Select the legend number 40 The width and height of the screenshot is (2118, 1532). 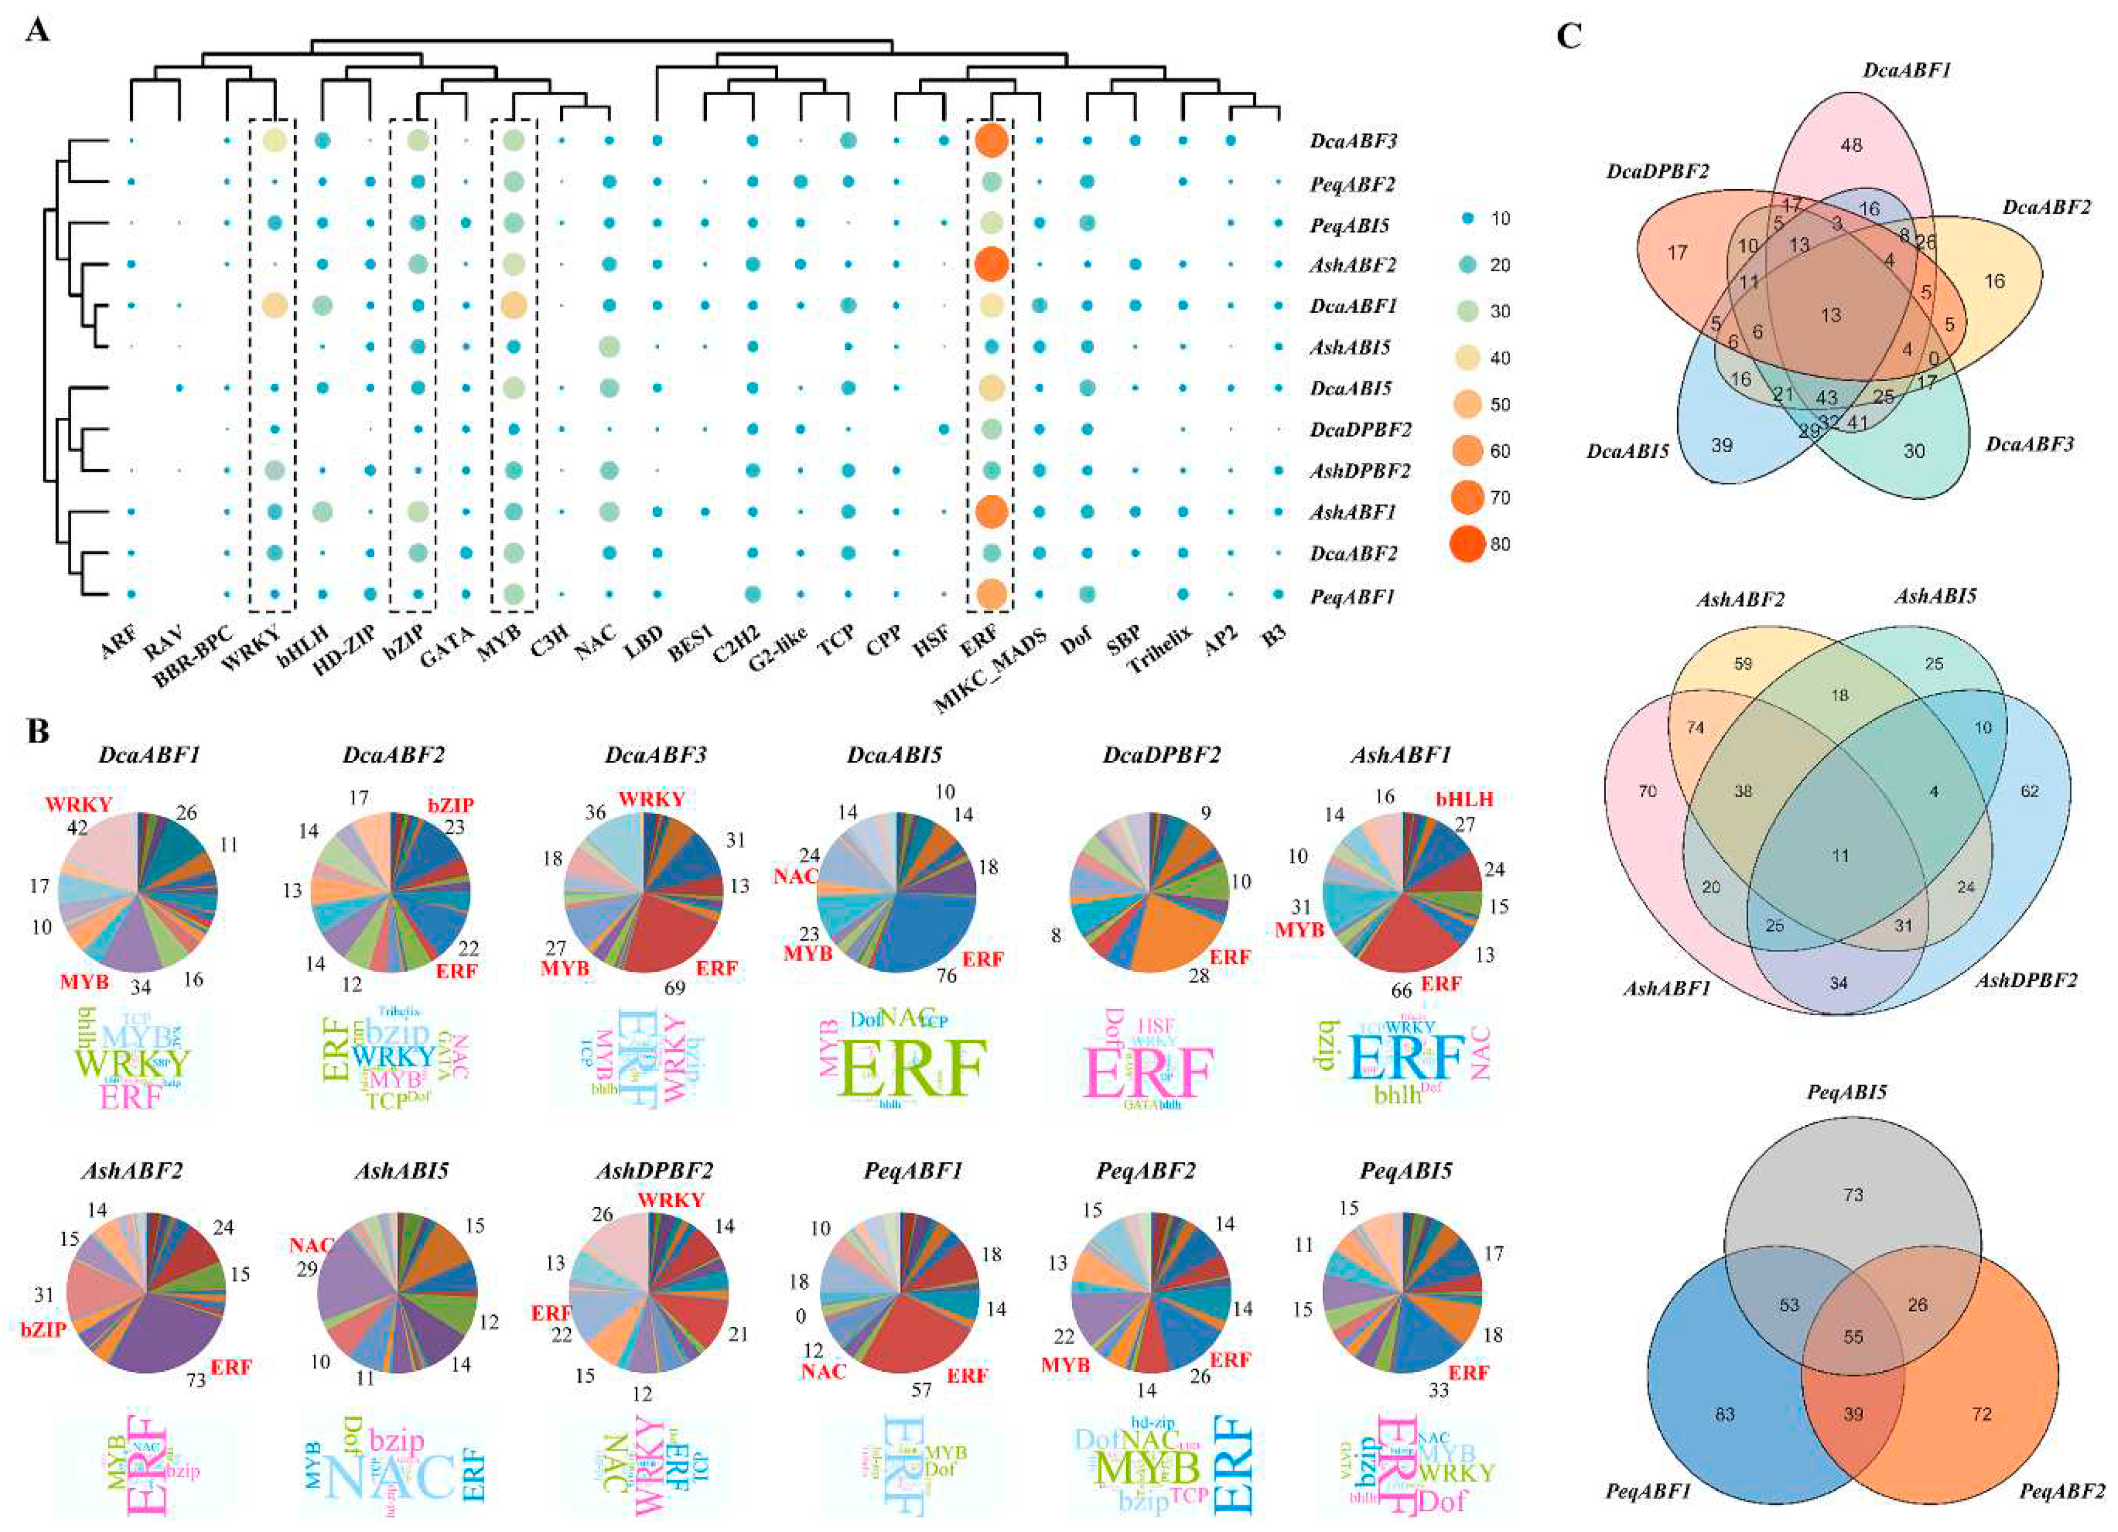pyautogui.click(x=1500, y=358)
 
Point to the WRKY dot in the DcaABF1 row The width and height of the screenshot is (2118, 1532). pyautogui.click(x=273, y=305)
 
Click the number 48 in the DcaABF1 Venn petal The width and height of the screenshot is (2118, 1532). pyautogui.click(x=1850, y=145)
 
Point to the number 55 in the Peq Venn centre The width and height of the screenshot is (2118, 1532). pyautogui.click(x=1853, y=1337)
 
